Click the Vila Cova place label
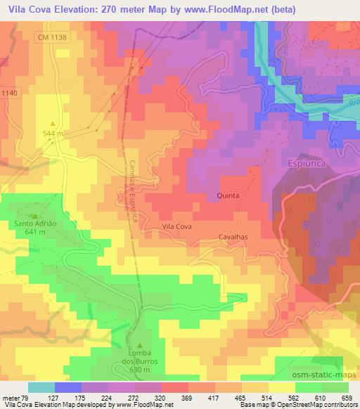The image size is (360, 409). (x=177, y=227)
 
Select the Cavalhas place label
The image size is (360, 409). (x=234, y=238)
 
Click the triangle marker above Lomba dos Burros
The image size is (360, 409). (x=140, y=345)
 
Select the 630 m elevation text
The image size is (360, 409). (x=140, y=370)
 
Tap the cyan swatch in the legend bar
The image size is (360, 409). (x=41, y=387)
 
